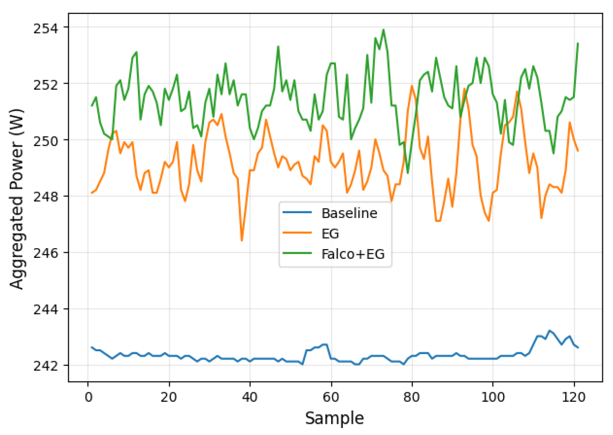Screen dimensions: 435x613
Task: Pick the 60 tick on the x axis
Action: [331, 397]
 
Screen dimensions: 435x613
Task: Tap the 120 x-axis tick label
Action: [574, 397]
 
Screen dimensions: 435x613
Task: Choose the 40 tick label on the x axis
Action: [250, 397]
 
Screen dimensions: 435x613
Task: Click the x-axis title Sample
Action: [334, 418]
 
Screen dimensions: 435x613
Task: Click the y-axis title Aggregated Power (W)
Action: [17, 199]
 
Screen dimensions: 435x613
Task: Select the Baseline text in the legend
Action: [349, 213]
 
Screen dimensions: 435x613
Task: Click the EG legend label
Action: [330, 234]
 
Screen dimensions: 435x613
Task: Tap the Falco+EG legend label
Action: [353, 254]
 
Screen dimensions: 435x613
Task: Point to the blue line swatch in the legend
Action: [297, 212]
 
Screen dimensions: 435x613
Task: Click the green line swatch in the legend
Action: [297, 254]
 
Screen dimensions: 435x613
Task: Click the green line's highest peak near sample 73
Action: [383, 29]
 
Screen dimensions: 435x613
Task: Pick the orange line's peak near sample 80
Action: [412, 85]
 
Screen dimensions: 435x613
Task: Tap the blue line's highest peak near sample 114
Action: [549, 330]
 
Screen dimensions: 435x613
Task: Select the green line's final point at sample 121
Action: [578, 43]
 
